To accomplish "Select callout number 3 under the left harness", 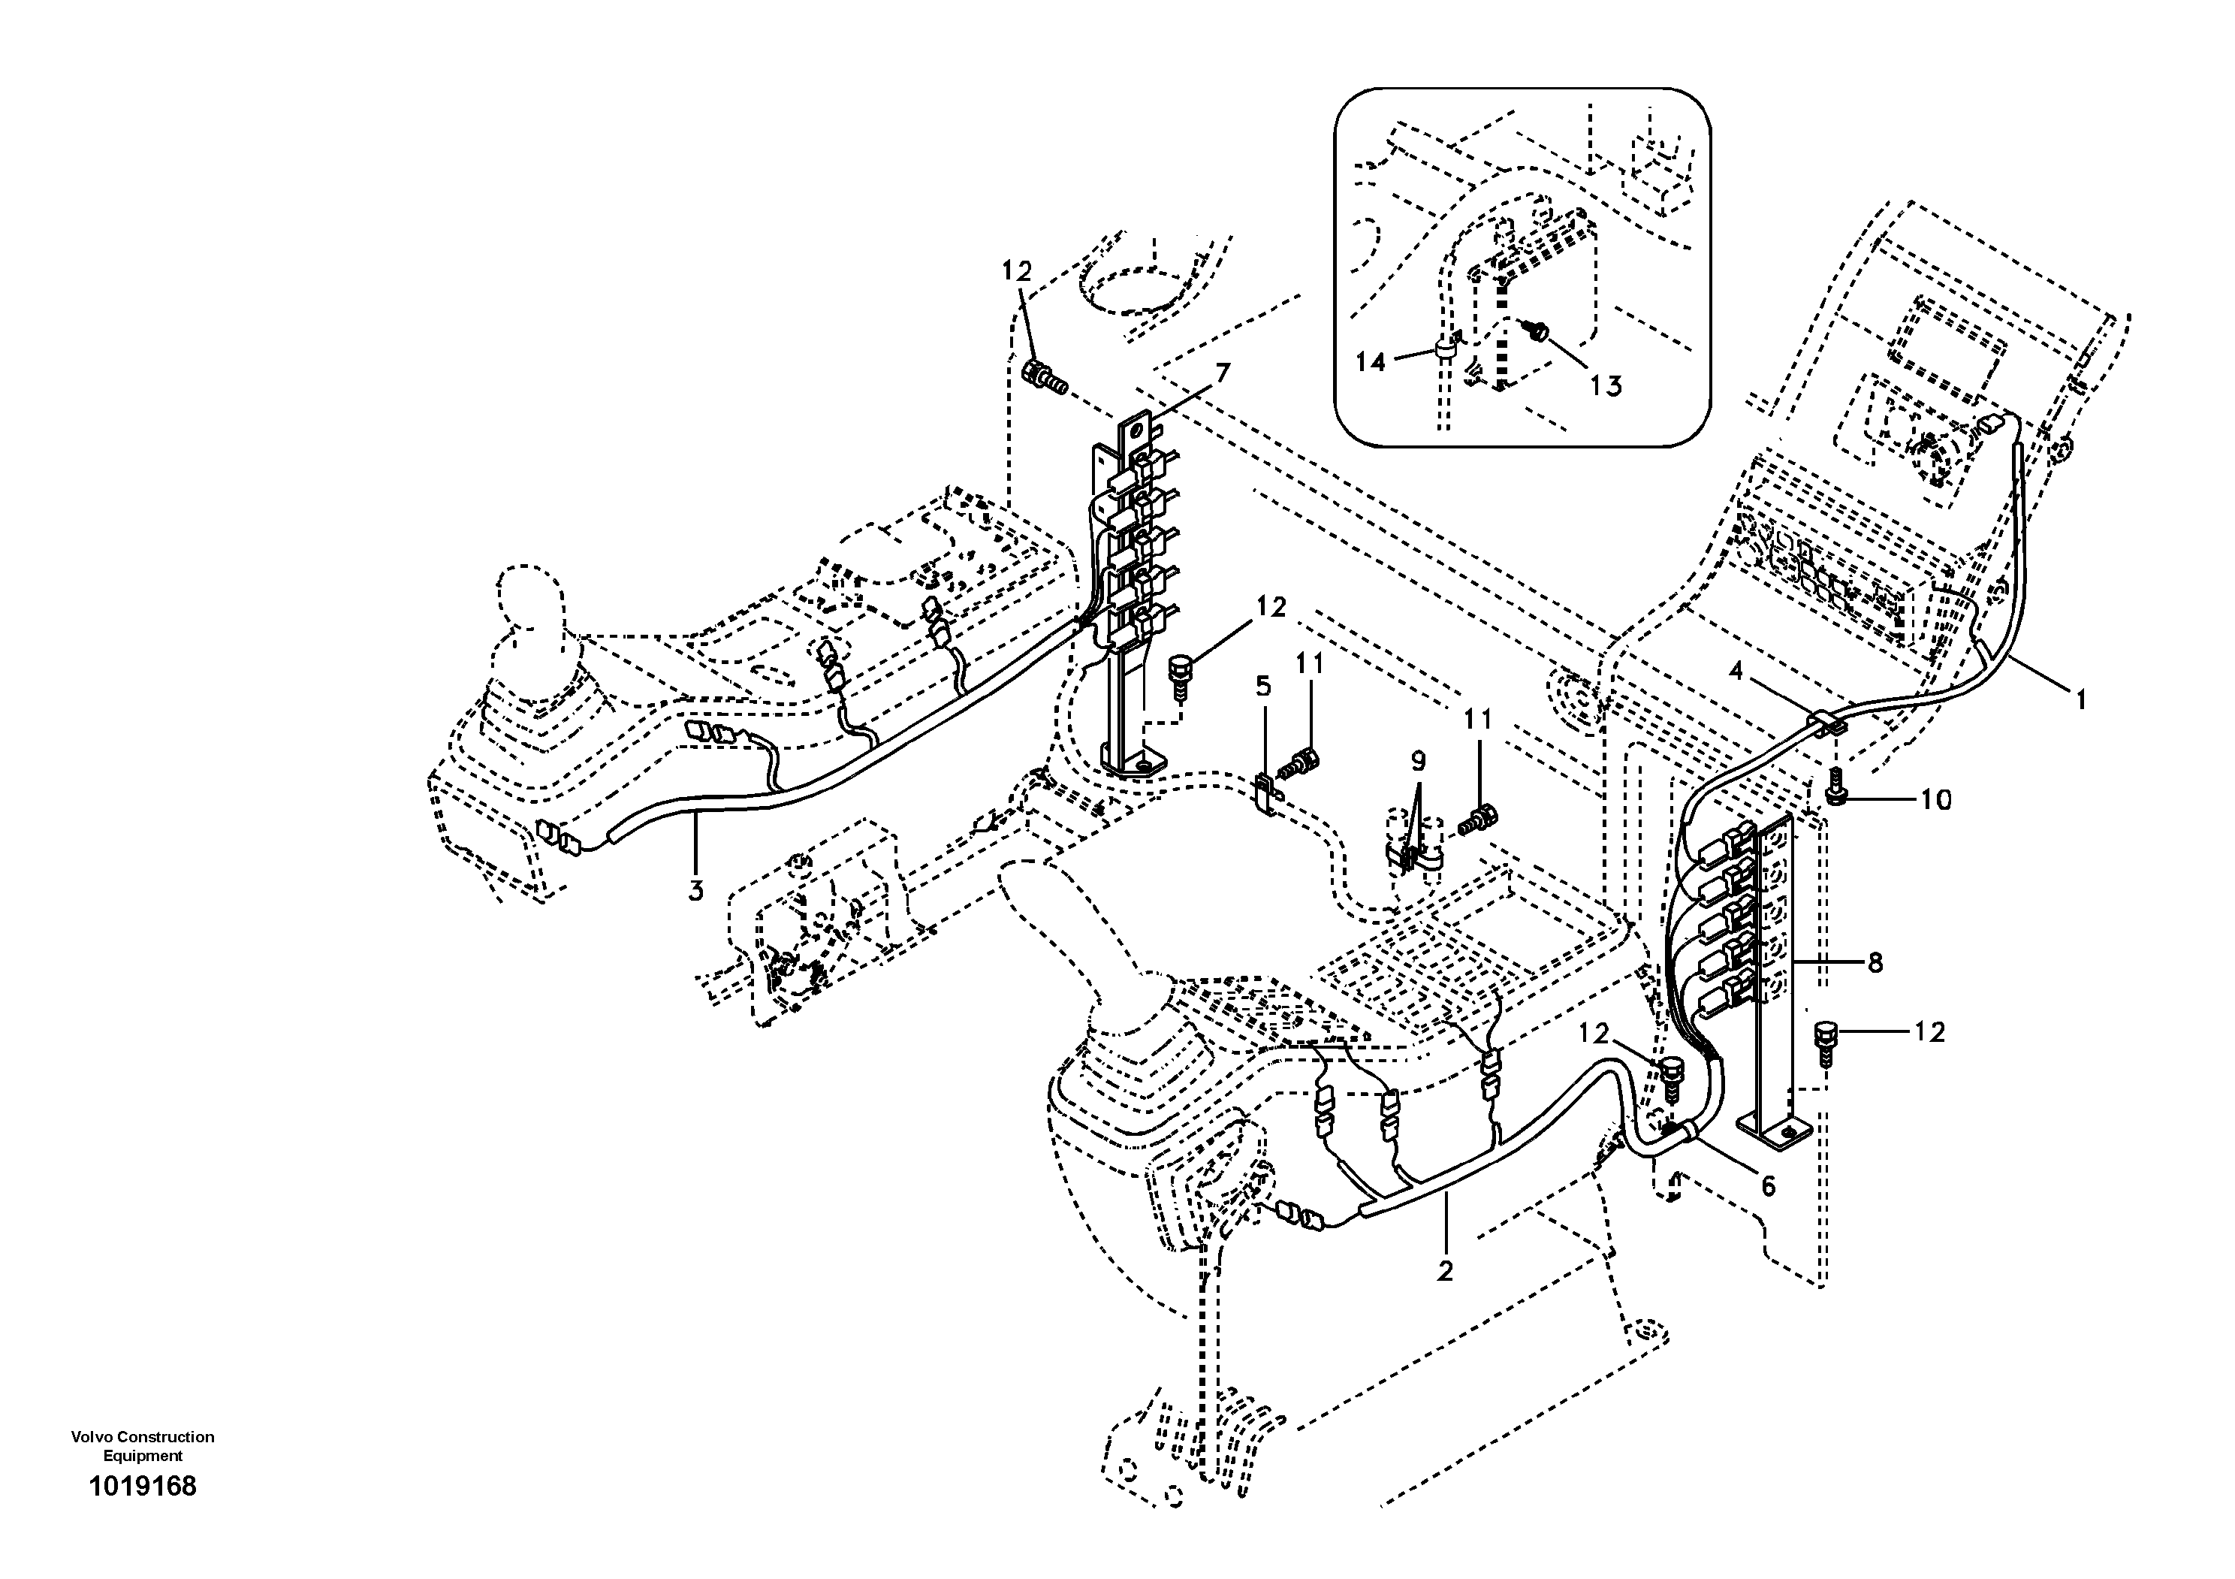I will point(695,889).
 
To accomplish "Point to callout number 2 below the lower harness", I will point(1445,1270).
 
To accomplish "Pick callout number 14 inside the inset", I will point(1371,362).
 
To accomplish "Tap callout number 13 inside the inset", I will point(1606,386).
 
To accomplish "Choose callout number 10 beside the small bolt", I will point(1936,799).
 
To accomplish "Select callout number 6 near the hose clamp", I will point(1769,1185).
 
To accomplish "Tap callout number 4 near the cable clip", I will point(1736,671).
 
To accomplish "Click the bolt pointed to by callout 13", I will point(1537,332).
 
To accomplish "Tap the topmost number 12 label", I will point(1016,272).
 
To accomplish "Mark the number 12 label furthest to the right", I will point(1929,1032).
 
